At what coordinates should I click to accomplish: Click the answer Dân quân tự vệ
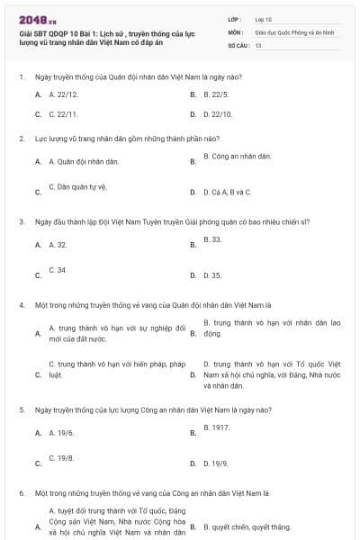(76, 186)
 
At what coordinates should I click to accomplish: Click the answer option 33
(212, 239)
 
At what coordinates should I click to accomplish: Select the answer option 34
(57, 269)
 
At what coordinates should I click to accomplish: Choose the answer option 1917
(216, 427)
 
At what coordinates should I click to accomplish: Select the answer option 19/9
(215, 463)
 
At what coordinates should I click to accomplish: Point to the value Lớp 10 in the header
(263, 19)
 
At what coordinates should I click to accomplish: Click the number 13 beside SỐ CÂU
(258, 44)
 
